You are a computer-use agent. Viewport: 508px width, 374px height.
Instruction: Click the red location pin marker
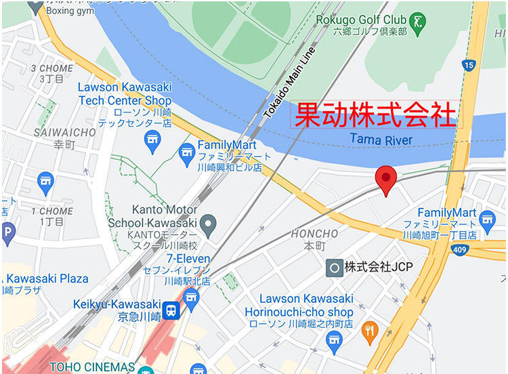[386, 178]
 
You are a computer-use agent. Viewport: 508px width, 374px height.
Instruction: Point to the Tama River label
[381, 140]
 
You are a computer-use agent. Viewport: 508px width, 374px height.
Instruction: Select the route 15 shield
[469, 65]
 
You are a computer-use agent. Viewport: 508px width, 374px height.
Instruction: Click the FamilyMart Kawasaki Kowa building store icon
[187, 157]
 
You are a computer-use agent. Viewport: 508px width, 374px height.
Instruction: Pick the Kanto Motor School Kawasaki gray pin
[209, 222]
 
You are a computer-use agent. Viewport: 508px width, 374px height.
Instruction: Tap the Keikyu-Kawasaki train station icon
[173, 311]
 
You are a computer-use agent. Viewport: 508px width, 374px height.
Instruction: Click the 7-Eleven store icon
[192, 296]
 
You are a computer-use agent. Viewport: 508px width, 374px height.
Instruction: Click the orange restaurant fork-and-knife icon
[370, 331]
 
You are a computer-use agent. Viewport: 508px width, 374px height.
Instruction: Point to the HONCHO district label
[314, 234]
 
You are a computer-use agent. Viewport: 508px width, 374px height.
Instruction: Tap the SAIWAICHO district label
[65, 133]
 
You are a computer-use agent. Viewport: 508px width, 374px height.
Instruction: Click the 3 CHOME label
[51, 68]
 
